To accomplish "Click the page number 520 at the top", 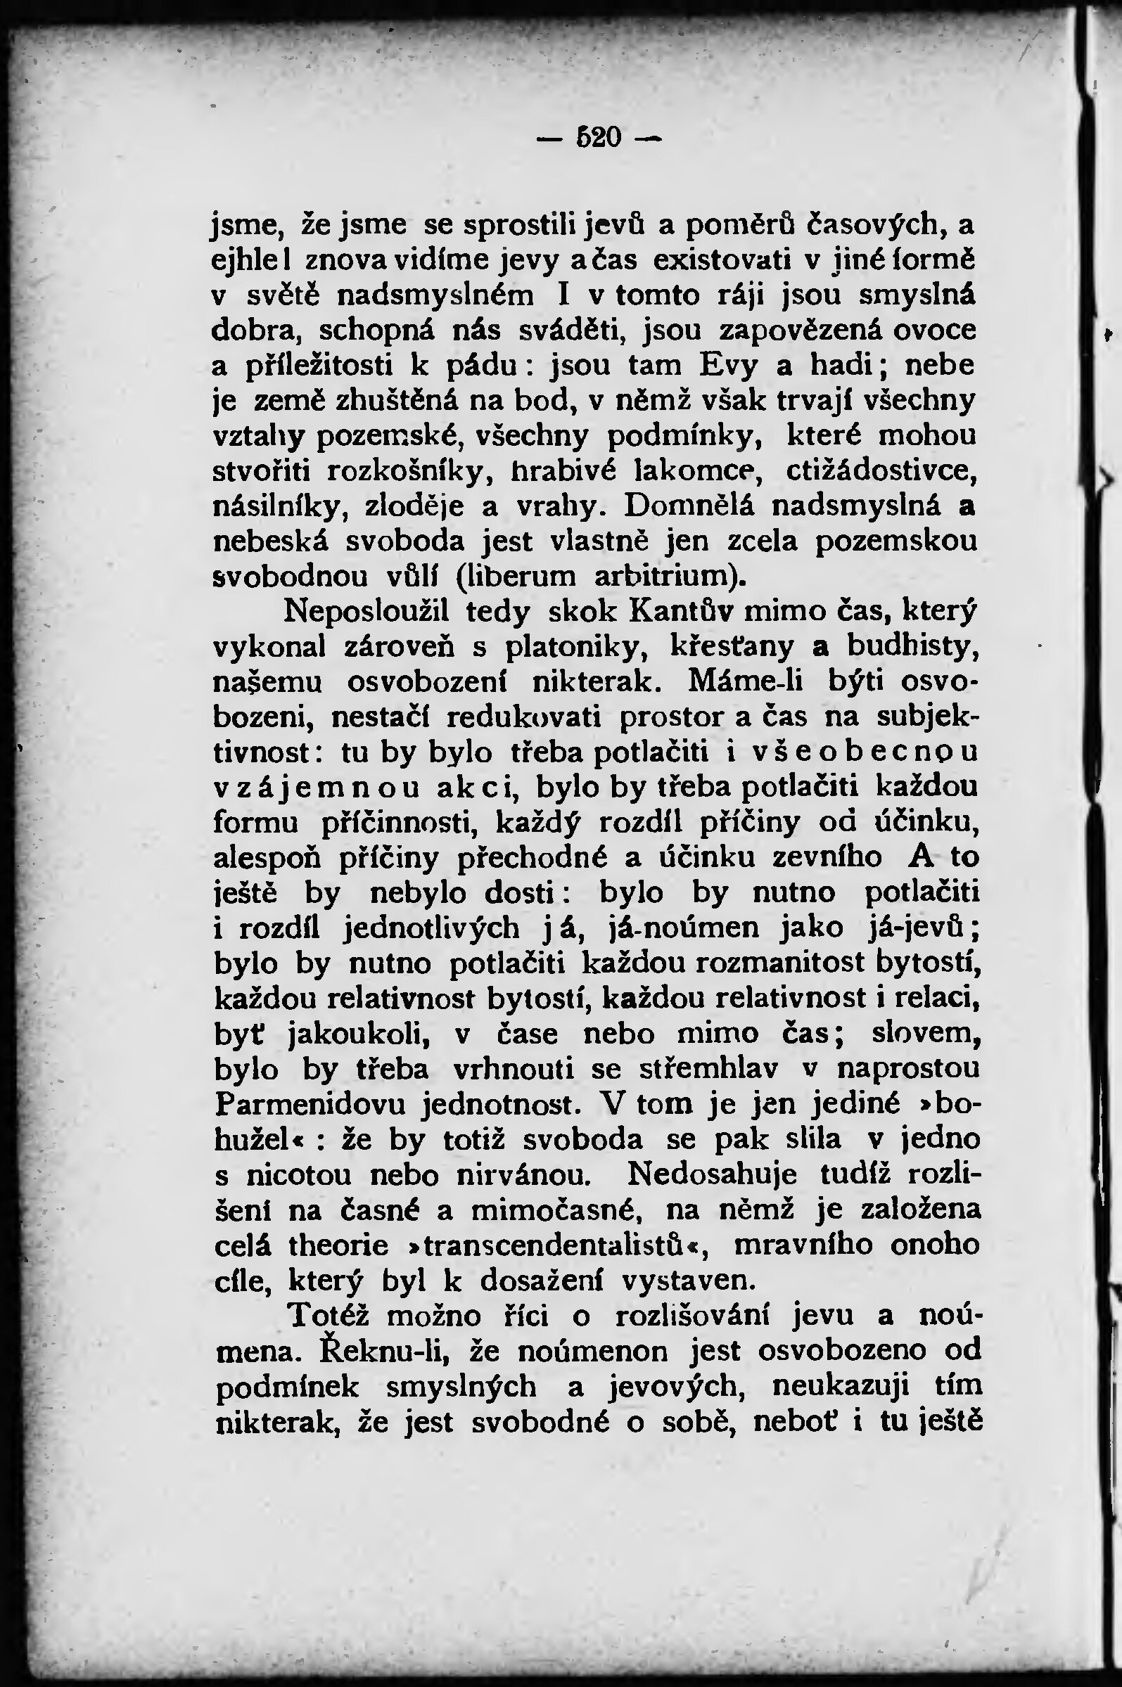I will (x=599, y=136).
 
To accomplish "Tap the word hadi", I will (x=838, y=365).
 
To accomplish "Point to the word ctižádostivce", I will (x=881, y=470).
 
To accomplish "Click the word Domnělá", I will (x=689, y=506).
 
